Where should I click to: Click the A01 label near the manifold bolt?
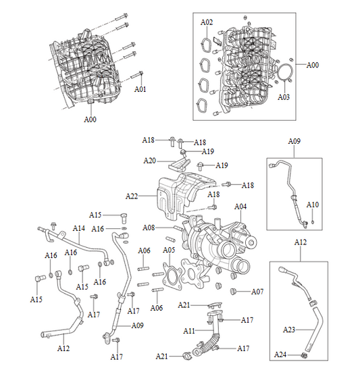(x=140, y=88)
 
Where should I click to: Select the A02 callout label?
(x=207, y=22)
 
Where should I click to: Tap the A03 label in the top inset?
(x=284, y=97)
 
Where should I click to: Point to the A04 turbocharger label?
(x=240, y=207)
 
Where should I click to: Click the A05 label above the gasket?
(x=170, y=250)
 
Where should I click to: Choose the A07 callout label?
(x=257, y=292)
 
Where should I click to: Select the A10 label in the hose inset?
(x=313, y=204)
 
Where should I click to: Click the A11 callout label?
(x=190, y=331)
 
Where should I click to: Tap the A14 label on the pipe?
(x=78, y=229)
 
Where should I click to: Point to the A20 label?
(x=149, y=160)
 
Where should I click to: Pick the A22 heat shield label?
(x=132, y=196)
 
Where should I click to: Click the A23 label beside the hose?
(x=289, y=330)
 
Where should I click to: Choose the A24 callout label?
(x=281, y=354)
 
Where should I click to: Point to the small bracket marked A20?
(x=178, y=163)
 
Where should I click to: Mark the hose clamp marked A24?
(x=305, y=353)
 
